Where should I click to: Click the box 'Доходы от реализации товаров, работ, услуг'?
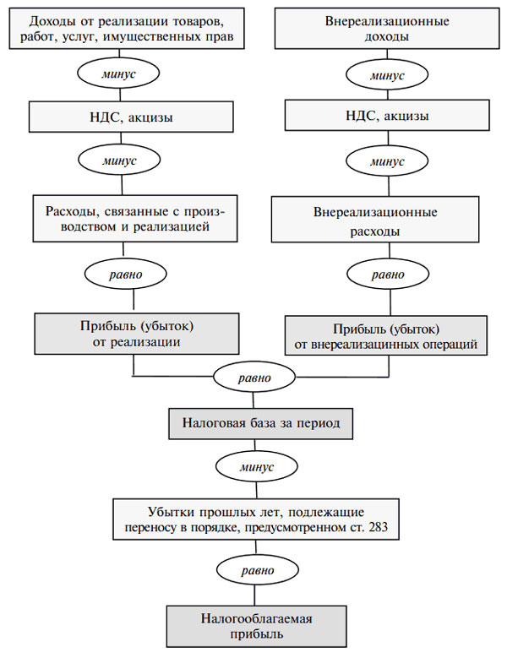tap(127, 28)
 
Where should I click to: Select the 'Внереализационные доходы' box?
tap(387, 28)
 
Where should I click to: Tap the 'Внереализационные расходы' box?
tap(375, 220)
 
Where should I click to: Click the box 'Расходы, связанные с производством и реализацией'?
tap(135, 218)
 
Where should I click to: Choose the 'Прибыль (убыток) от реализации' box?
tap(137, 334)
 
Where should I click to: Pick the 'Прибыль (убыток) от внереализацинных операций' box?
tap(386, 335)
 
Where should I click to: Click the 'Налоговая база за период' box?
tap(260, 423)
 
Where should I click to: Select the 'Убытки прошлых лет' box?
tap(256, 519)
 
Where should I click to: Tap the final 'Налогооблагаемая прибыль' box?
tap(256, 626)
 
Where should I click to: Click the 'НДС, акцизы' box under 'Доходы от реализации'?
tap(131, 117)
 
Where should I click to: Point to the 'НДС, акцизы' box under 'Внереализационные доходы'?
tap(387, 115)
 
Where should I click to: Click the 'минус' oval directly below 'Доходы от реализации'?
tap(118, 73)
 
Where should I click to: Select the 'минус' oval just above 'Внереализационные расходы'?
tap(387, 160)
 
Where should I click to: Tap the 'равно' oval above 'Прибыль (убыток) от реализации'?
tap(126, 274)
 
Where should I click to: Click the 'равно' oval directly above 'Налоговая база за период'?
tap(254, 378)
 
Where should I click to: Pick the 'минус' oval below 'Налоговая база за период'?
tap(257, 466)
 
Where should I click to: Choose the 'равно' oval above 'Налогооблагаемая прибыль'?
tap(257, 570)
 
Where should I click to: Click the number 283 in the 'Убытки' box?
tap(379, 526)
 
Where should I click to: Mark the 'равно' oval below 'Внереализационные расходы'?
tap(388, 275)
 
